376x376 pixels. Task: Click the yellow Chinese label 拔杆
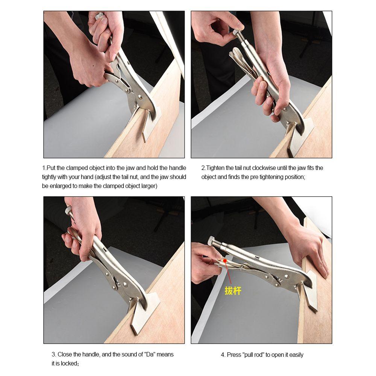point(233,291)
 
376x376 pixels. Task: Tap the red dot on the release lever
point(225,260)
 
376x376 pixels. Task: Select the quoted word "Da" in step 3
point(150,354)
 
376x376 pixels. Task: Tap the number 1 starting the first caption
point(43,168)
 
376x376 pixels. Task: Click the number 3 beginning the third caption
point(53,354)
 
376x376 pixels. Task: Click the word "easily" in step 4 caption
point(296,355)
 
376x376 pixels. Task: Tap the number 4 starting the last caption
point(222,355)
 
